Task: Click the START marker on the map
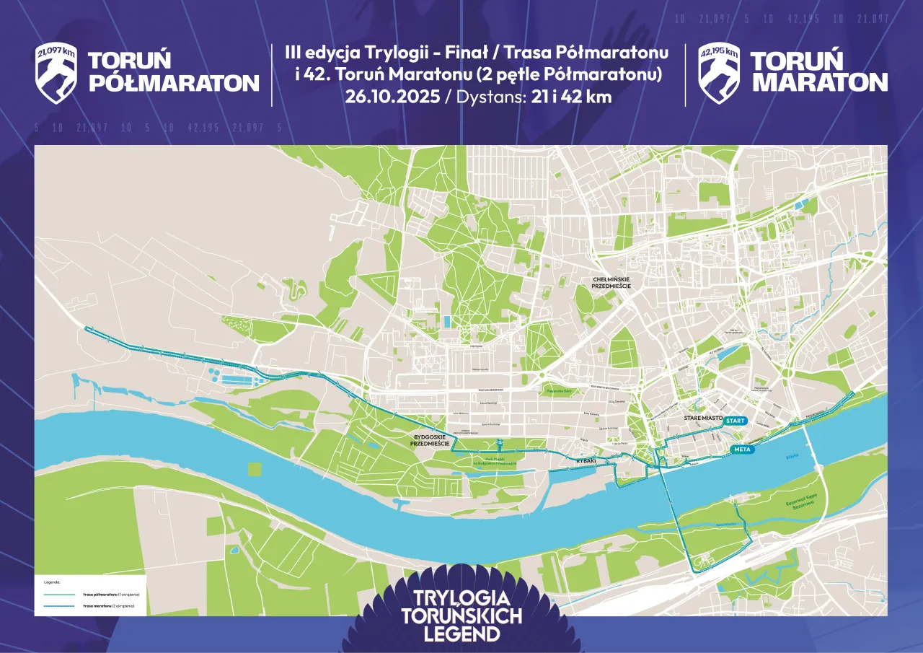point(736,421)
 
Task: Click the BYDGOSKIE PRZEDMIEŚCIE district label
point(430,441)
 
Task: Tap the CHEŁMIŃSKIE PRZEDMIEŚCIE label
point(611,283)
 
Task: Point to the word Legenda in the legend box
point(52,581)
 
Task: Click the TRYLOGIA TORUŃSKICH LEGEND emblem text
point(461,616)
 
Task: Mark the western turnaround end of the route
point(86,329)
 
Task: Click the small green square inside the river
point(255,469)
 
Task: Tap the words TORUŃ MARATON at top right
point(818,72)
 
